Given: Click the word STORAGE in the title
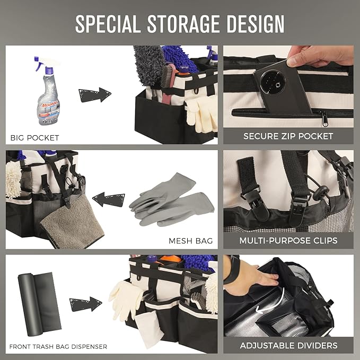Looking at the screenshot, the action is tap(183, 24).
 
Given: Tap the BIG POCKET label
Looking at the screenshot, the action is tap(35, 138).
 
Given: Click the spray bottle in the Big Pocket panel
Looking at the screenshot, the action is tap(47, 91).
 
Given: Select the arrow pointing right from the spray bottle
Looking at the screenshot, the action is tap(95, 94).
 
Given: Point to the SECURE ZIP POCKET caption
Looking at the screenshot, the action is tap(288, 136).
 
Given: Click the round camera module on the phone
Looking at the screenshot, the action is tap(273, 82).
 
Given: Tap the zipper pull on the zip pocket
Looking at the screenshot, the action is tap(324, 118).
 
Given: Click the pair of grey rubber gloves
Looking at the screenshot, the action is tap(172, 200).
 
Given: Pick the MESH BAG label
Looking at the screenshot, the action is tap(190, 241).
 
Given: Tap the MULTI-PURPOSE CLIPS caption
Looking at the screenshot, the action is tap(288, 241).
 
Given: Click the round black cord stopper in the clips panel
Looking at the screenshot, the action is tap(321, 192).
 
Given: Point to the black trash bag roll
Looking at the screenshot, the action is tap(39, 304).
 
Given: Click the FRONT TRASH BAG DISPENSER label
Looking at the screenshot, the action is tap(58, 347).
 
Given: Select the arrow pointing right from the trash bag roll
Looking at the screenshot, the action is tap(86, 304).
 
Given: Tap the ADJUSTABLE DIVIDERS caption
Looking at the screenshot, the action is tap(289, 346).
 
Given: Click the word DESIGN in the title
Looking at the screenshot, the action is tap(256, 24).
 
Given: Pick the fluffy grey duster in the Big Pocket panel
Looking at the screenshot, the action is tap(149, 65).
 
